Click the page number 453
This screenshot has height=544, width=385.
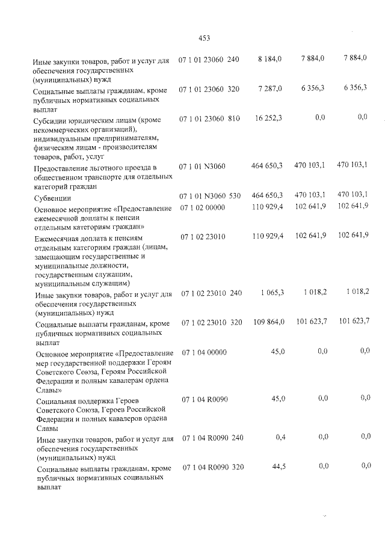[203, 38]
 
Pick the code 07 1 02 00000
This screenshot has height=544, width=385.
[203, 207]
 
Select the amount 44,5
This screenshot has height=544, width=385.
[277, 466]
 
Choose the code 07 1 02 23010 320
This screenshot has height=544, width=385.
[211, 323]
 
